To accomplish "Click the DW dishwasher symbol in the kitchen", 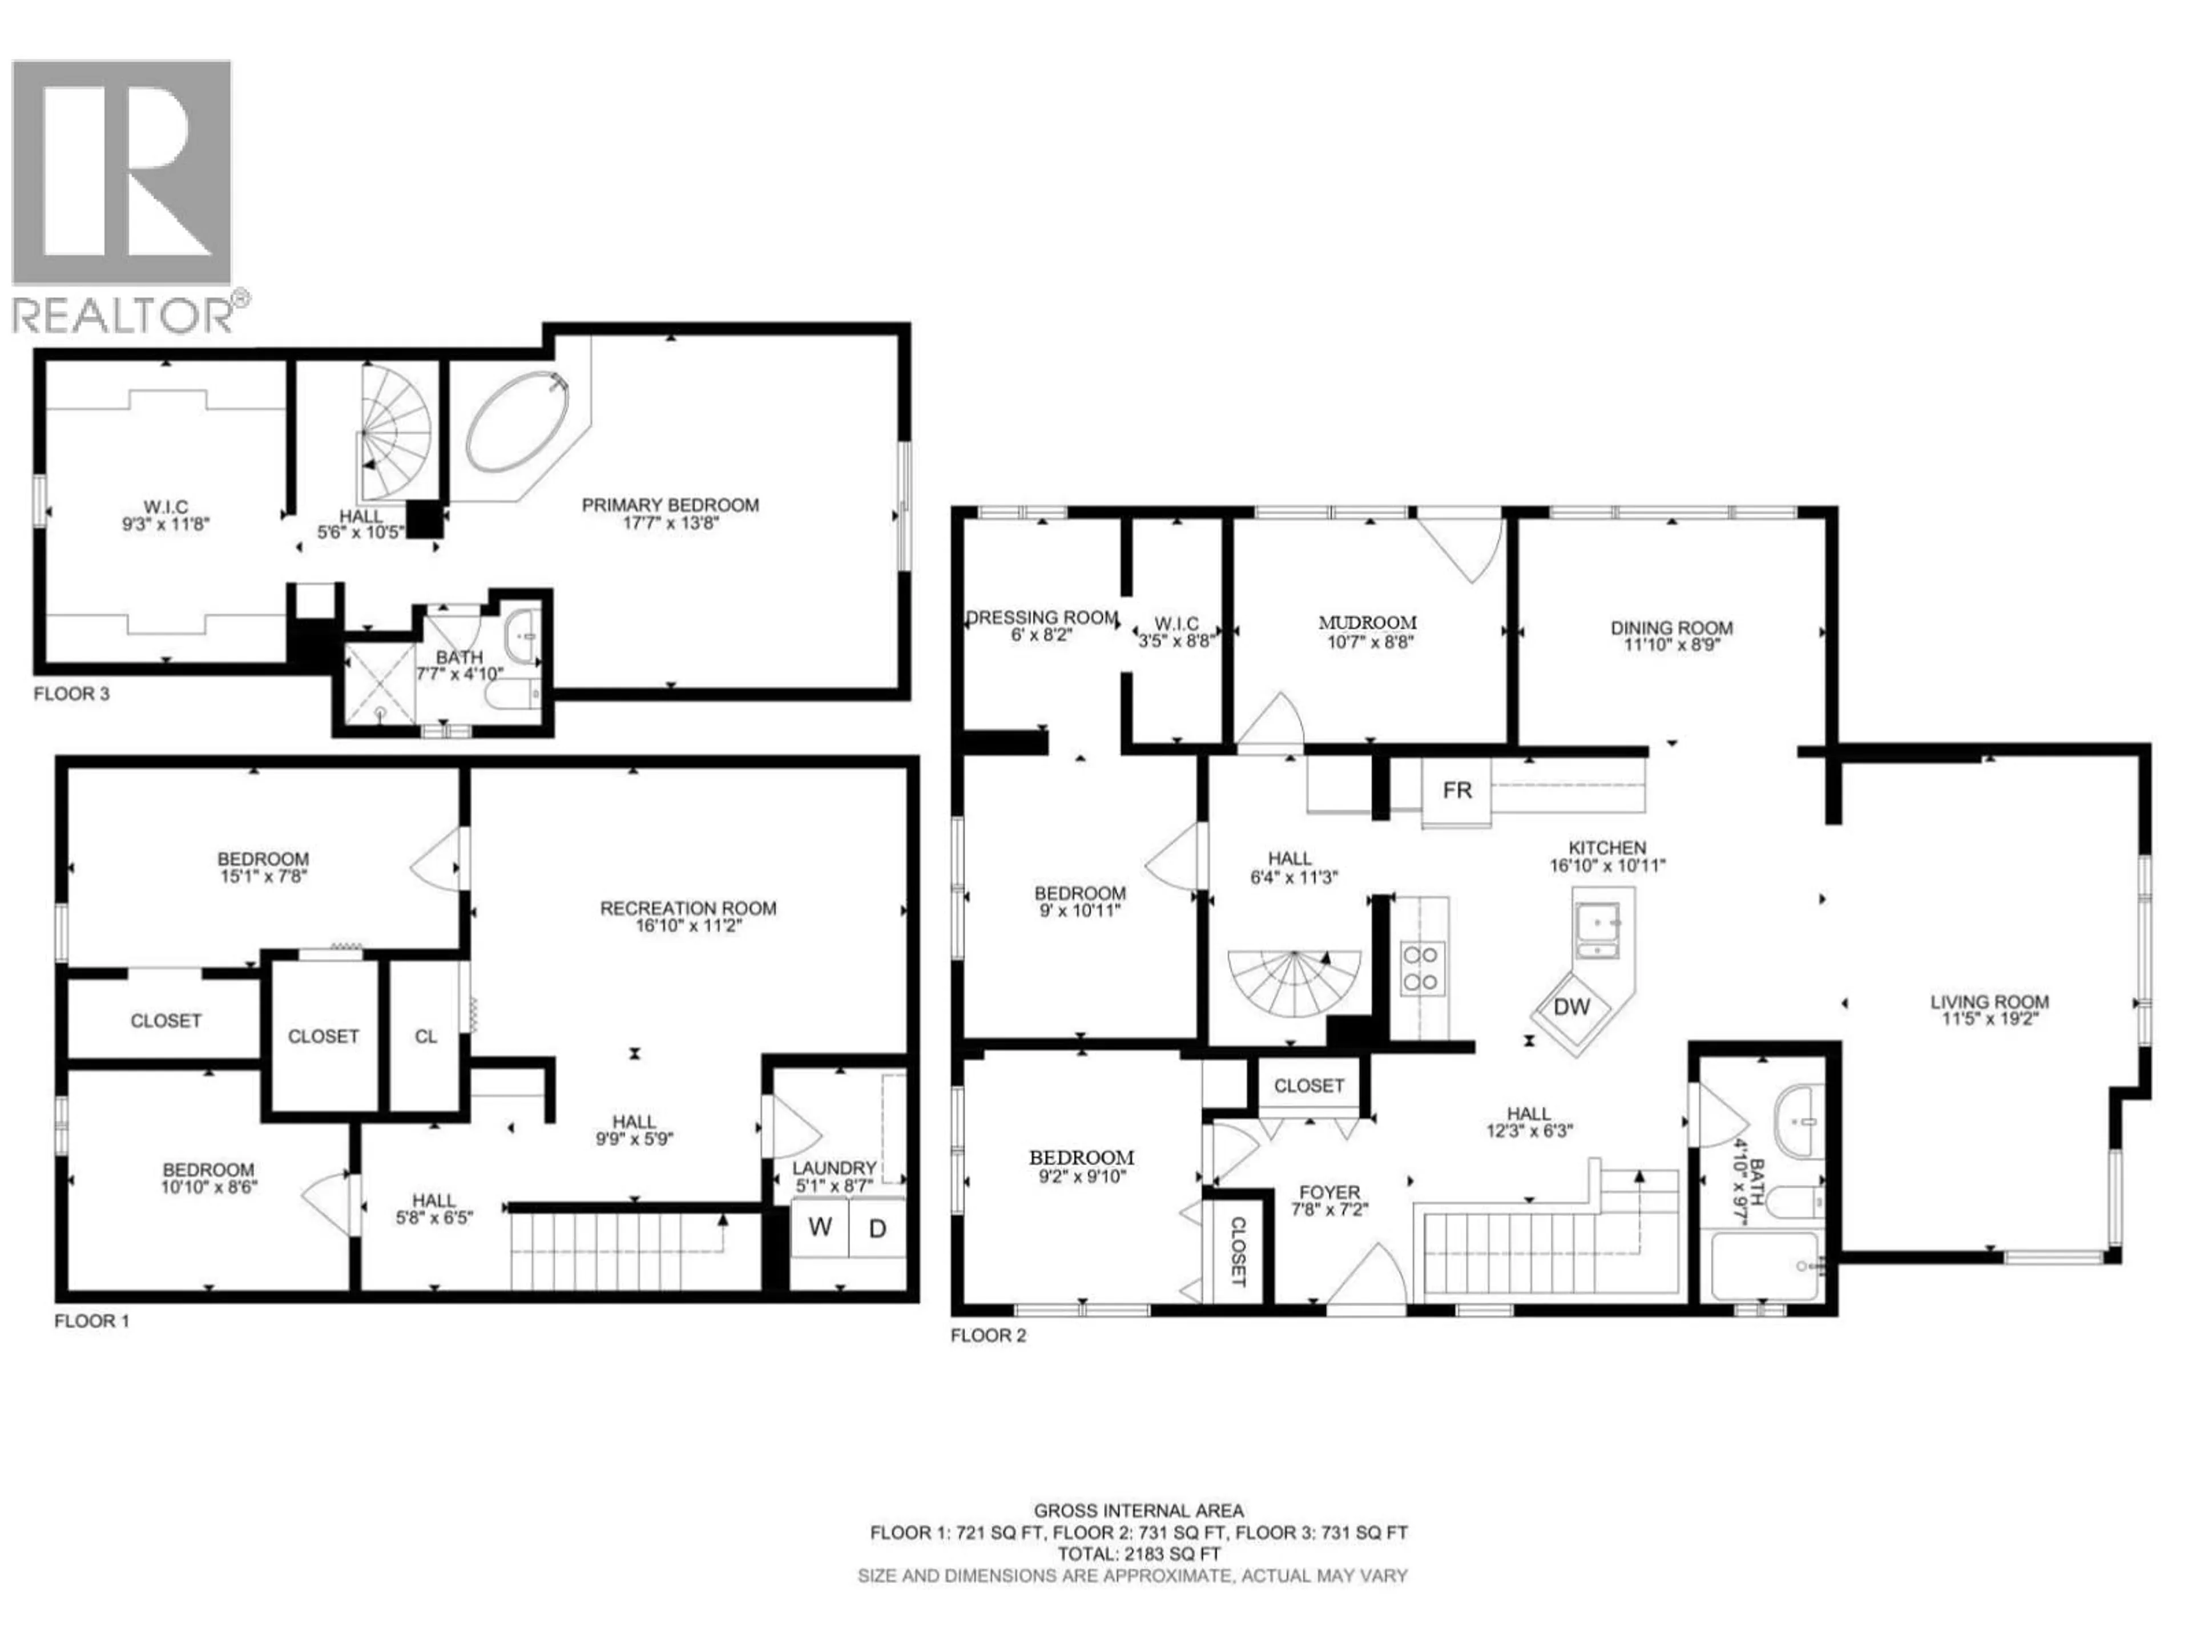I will (x=1572, y=1008).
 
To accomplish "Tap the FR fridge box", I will (x=1457, y=791).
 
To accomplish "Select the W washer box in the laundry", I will (x=820, y=1228).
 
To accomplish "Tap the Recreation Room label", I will (x=688, y=908).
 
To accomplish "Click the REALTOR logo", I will (x=124, y=194).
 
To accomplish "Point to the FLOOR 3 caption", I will (x=71, y=694).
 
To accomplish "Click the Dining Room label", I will (x=1671, y=627).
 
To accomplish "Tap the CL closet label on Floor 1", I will (x=425, y=1037).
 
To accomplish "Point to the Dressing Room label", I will (x=1042, y=618).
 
